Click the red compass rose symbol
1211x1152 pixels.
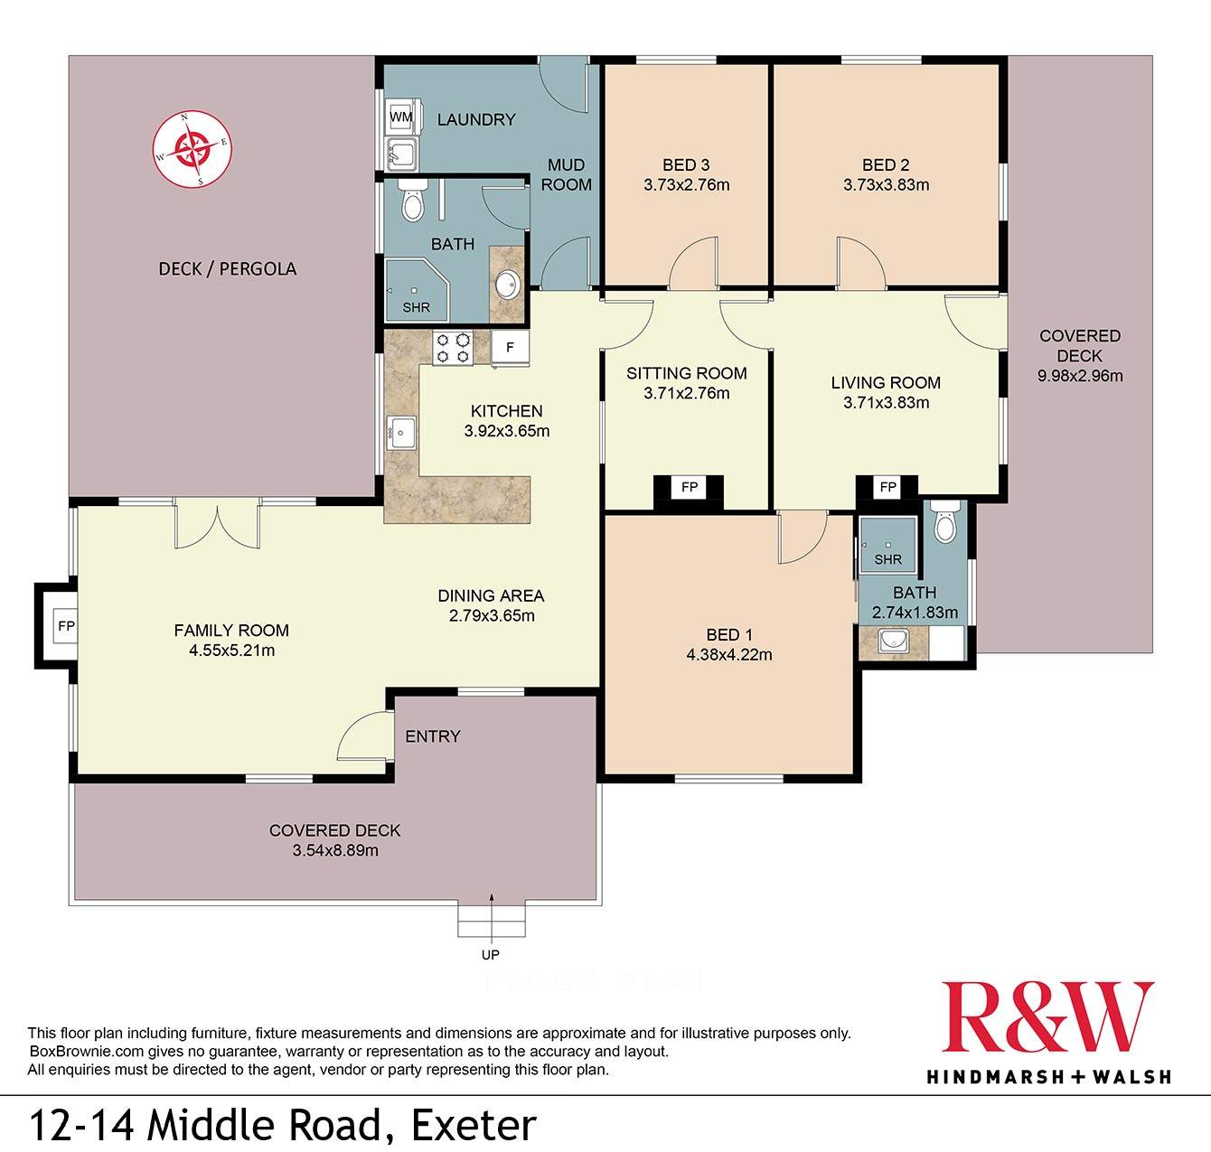[x=192, y=148]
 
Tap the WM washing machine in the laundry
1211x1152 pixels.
[x=400, y=117]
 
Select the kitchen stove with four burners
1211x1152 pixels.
[x=453, y=348]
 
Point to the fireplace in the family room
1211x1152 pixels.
[x=64, y=626]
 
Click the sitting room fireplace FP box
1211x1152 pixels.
[x=690, y=488]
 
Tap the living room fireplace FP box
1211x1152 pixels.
[x=887, y=488]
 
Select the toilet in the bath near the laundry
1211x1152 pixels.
[x=412, y=201]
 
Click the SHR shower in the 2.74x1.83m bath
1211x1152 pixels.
[x=887, y=547]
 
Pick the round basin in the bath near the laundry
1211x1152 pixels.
[x=508, y=286]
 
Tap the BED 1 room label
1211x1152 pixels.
[x=728, y=635]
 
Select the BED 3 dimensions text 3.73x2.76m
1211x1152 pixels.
[x=686, y=185]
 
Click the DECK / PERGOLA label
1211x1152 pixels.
[x=227, y=269]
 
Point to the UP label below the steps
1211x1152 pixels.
[x=491, y=954]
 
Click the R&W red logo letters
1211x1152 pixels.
[x=1047, y=1018]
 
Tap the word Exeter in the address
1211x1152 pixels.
[x=474, y=1126]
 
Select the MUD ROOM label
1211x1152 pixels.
[x=566, y=175]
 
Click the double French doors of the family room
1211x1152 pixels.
[x=217, y=527]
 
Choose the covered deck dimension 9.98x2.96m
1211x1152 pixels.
[x=1080, y=376]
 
